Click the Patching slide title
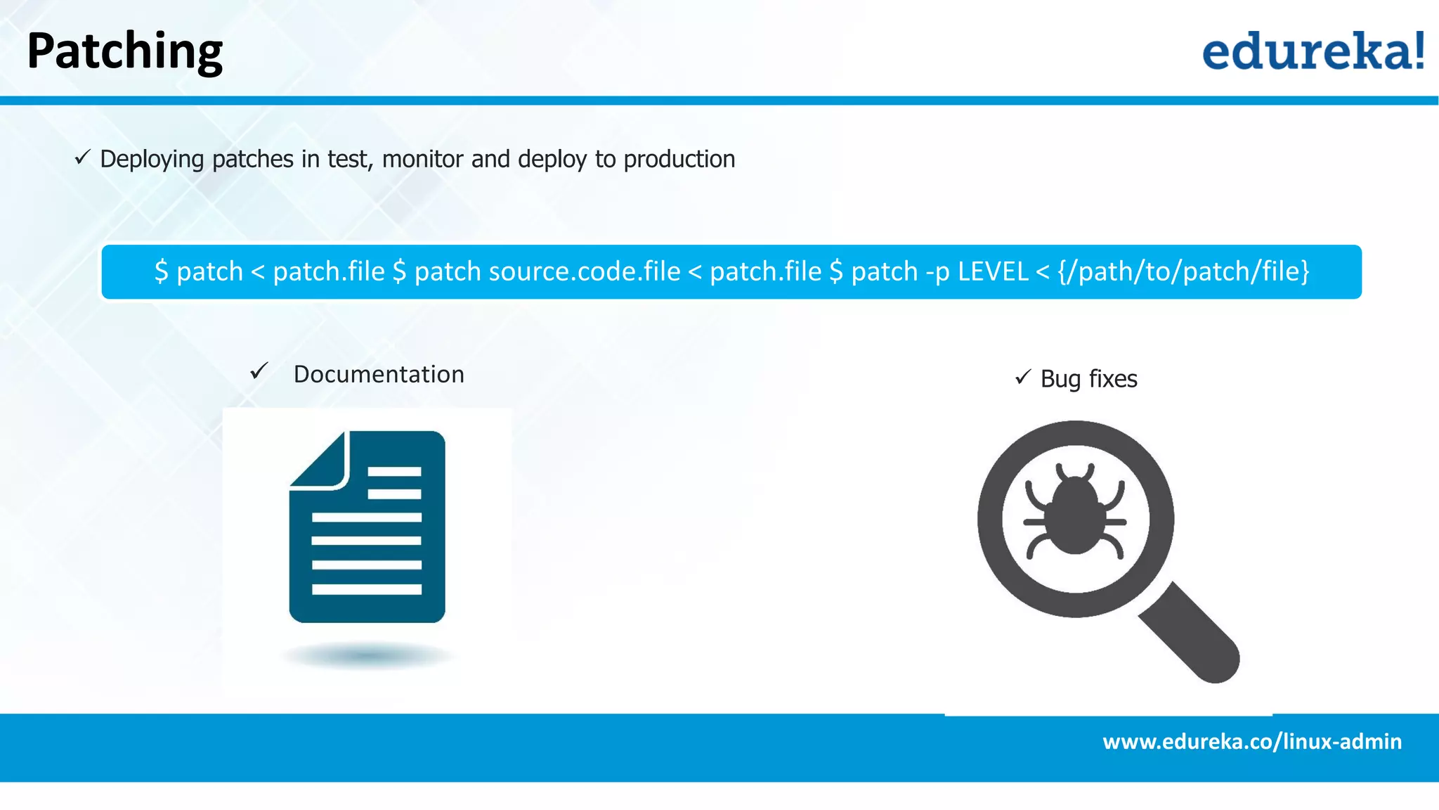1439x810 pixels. pos(124,51)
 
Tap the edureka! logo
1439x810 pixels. pos(1313,51)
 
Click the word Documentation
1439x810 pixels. pos(379,374)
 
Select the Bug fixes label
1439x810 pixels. pos(1088,379)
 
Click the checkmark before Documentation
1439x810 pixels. pos(259,371)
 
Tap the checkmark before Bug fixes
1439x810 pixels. pos(1023,378)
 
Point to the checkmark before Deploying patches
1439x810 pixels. pos(83,157)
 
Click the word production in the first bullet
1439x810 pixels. pos(679,159)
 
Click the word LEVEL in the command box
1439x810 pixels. pos(993,271)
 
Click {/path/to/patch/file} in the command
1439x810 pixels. pos(1183,271)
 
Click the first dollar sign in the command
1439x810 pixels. pos(162,271)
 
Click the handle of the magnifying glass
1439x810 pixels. pos(1192,633)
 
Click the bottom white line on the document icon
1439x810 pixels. pos(366,589)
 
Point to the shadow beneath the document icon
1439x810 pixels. pos(367,656)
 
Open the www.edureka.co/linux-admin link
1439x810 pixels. pos(1251,742)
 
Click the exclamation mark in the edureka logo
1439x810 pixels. pos(1419,51)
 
